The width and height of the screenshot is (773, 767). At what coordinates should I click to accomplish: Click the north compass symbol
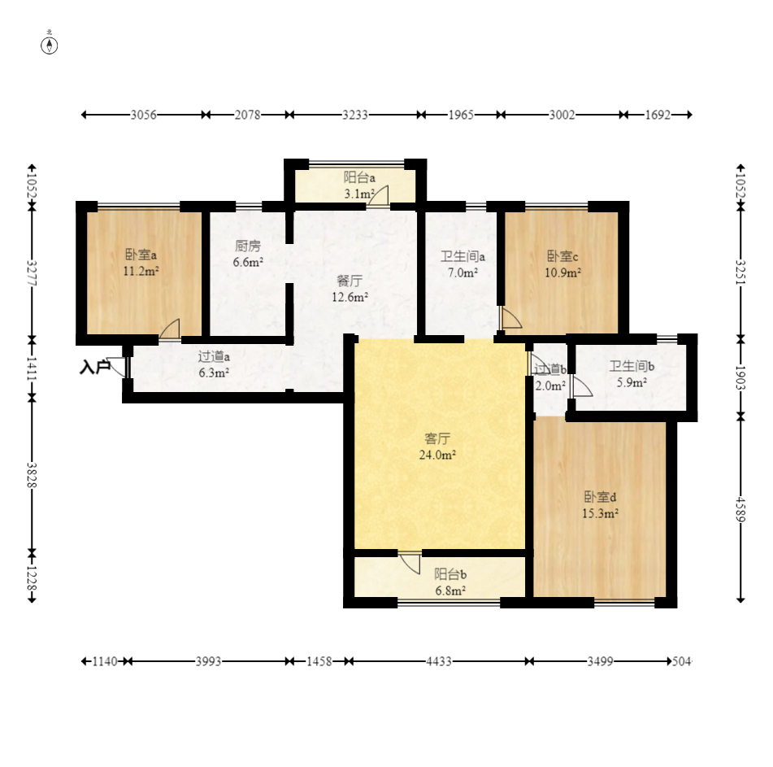[50, 46]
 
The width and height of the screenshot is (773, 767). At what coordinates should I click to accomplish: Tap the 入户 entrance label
[94, 367]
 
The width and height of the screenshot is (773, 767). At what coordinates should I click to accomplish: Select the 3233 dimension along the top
[355, 115]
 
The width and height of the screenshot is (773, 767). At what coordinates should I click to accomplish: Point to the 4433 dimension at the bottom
[439, 661]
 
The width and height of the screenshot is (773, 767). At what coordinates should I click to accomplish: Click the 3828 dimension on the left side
[32, 475]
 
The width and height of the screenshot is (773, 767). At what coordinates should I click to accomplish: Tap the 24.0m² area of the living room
[437, 455]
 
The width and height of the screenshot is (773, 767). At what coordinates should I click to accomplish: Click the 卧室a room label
[141, 255]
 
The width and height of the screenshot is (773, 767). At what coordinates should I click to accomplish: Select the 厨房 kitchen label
[247, 246]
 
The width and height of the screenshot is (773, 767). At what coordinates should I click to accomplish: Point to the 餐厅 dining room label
[350, 281]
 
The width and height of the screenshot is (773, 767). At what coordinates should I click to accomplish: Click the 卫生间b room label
[632, 366]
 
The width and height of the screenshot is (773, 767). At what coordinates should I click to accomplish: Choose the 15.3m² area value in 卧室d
[600, 513]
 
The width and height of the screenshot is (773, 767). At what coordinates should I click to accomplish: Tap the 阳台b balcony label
[450, 574]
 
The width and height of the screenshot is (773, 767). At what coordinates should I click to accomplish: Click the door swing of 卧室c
[510, 318]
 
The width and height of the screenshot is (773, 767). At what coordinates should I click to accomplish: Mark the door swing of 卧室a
[170, 329]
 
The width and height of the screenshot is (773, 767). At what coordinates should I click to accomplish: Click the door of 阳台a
[379, 195]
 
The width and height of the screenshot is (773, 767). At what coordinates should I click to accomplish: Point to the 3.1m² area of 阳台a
[359, 194]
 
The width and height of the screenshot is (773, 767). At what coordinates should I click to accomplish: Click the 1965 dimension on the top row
[460, 115]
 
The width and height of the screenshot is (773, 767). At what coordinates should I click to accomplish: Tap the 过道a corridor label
[214, 356]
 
